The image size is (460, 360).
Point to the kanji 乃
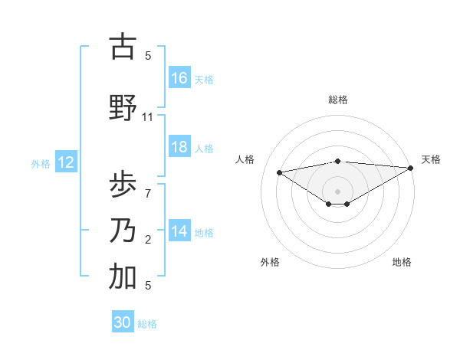tap(122, 231)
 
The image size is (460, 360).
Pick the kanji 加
tap(122, 277)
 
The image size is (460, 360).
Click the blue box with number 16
tap(179, 78)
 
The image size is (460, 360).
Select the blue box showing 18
tap(179, 148)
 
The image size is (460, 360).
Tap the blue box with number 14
tap(179, 232)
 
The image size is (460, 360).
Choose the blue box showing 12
tap(66, 162)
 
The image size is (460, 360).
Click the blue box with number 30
tap(123, 322)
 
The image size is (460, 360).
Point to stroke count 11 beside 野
tap(148, 117)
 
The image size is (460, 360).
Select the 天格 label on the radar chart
tap(431, 159)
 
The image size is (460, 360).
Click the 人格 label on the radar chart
tap(245, 159)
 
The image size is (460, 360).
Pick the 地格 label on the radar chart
tap(402, 262)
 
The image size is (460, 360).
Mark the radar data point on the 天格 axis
tap(412, 167)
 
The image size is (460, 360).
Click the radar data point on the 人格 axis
tap(279, 172)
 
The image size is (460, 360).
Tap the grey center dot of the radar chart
tap(337, 191)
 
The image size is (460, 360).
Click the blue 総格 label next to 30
tap(148, 324)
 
